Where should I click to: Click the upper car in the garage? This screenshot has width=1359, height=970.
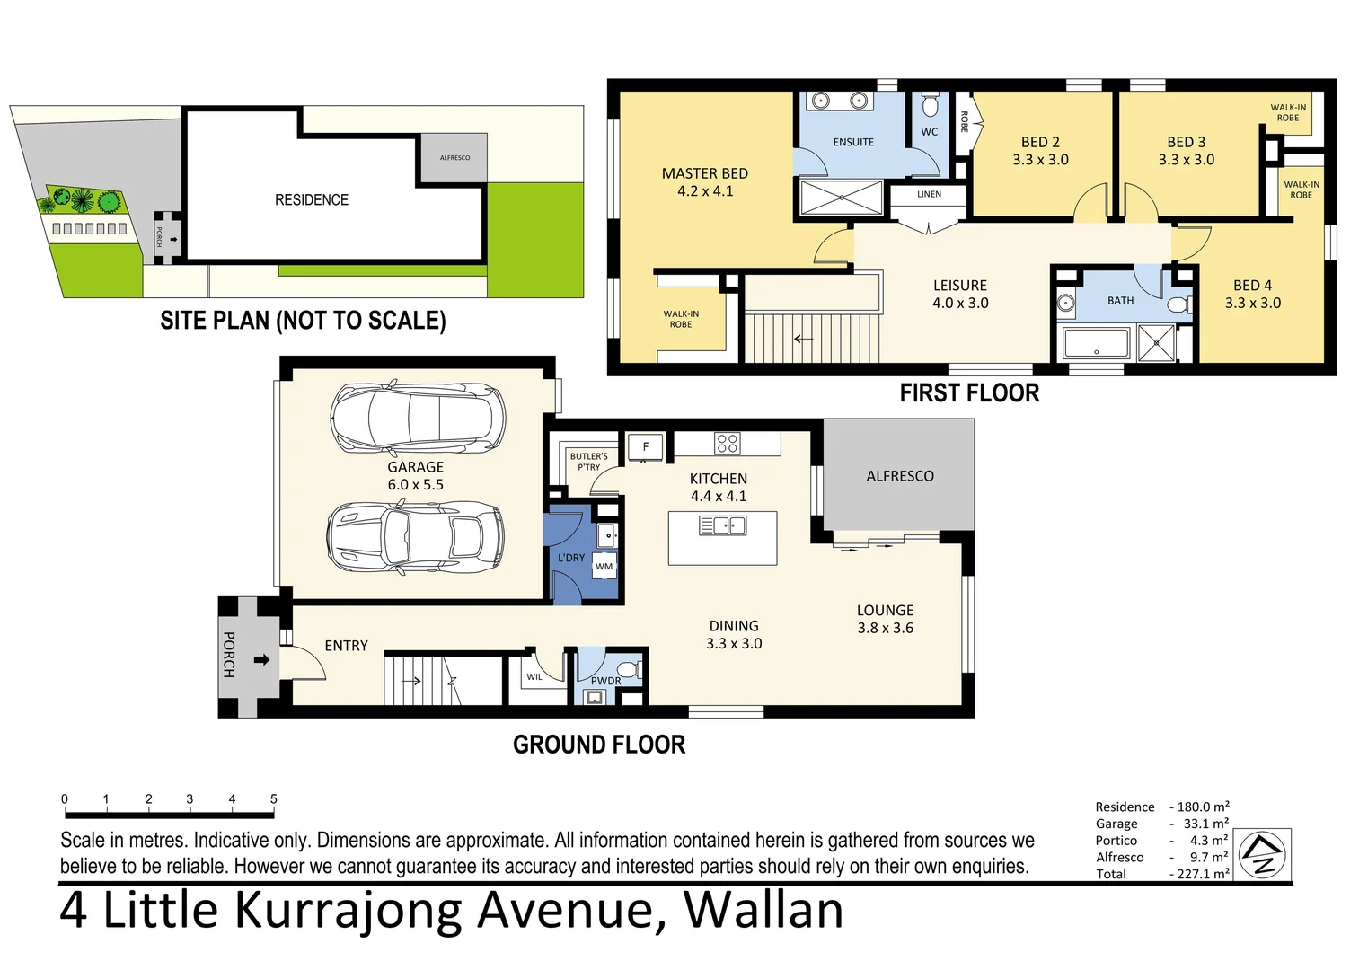pos(417,419)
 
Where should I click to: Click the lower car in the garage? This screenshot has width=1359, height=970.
pos(415,537)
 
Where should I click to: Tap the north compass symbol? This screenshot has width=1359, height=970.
pos(1263,854)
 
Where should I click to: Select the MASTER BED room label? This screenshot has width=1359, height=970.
pos(704,174)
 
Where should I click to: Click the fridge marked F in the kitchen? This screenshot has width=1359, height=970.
pos(645,446)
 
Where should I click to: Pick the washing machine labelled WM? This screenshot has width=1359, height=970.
pos(604,567)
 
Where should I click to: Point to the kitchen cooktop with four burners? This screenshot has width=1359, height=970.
pos(727,443)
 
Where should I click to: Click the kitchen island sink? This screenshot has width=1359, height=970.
pos(722,525)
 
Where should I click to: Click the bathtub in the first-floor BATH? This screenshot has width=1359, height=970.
pos(1096,344)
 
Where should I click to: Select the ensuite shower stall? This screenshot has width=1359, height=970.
pos(841,198)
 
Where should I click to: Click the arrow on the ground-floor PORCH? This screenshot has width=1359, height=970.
pos(261,660)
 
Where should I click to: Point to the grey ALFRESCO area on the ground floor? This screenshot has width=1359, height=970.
pos(899,475)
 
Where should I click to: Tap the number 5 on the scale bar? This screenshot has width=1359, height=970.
pos(273,798)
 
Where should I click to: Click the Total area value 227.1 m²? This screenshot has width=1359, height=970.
pos(1203,874)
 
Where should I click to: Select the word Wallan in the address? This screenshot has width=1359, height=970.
pos(763,910)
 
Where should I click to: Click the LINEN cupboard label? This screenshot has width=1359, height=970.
pos(929,194)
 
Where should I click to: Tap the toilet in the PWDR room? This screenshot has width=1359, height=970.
pos(628,670)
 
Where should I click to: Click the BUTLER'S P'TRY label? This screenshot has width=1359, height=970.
pos(588,462)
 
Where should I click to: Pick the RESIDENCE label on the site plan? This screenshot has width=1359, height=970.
pos(311,200)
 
